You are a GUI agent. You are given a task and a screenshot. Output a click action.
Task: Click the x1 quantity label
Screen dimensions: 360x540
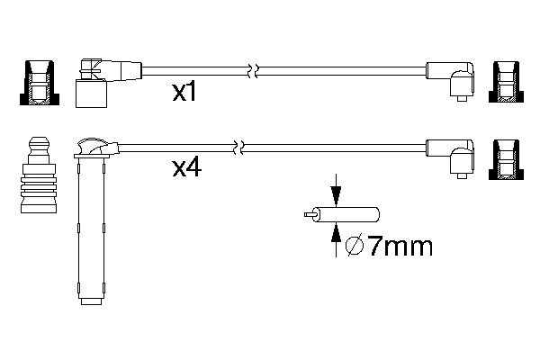pyautogui.click(x=184, y=93)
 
